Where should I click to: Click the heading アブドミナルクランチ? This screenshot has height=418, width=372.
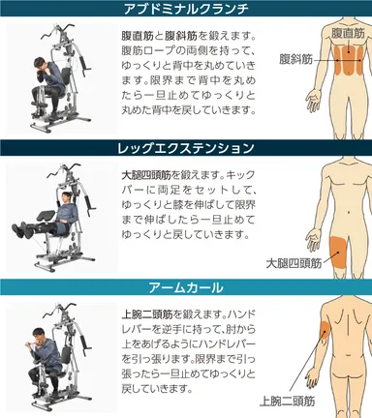(185, 10)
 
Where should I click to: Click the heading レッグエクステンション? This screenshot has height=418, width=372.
(185, 148)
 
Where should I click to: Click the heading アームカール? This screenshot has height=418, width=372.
(185, 286)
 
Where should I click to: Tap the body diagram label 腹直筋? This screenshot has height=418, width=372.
(347, 33)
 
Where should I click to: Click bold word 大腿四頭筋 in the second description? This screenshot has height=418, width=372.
(137, 175)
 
